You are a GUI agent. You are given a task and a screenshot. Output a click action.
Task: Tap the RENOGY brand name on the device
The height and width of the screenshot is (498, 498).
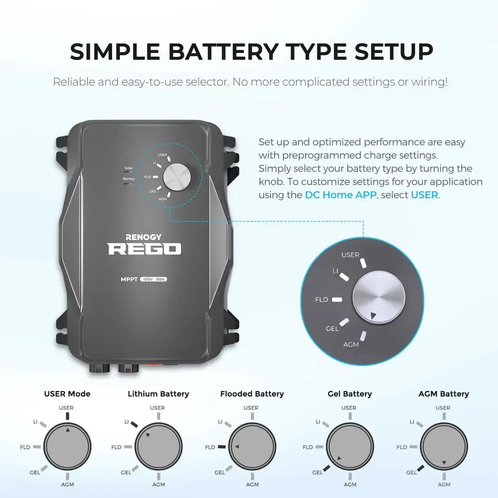(x=143, y=237)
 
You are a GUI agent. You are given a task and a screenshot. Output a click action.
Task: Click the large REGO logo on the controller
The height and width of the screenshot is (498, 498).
(x=144, y=249)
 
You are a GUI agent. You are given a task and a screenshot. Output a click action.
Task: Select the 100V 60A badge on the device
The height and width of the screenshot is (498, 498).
(x=154, y=279)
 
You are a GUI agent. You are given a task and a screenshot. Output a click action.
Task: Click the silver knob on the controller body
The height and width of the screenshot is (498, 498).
(x=177, y=177)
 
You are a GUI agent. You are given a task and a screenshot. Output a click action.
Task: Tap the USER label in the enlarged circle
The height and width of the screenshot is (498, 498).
(x=350, y=255)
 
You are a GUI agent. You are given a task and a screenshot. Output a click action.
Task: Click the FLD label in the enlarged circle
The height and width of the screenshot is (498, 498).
(x=322, y=300)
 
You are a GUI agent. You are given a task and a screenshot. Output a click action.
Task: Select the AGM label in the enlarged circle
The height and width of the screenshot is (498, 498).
(x=351, y=344)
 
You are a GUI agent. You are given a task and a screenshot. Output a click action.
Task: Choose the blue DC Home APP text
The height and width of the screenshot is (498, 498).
(x=340, y=195)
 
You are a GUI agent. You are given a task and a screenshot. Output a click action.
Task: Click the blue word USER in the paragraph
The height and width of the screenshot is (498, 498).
(x=424, y=195)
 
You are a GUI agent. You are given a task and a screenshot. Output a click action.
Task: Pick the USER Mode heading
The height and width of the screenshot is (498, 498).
(x=67, y=394)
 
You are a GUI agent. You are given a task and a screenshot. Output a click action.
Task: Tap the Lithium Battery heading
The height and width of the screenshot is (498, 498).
(x=158, y=394)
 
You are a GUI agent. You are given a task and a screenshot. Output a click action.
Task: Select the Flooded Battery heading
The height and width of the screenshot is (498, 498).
(x=252, y=394)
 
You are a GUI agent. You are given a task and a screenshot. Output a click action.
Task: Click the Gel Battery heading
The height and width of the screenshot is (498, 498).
(x=350, y=394)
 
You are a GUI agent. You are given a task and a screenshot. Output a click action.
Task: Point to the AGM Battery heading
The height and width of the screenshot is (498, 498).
(x=444, y=394)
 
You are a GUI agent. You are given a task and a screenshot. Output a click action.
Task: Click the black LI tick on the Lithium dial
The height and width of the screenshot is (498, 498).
(x=134, y=424)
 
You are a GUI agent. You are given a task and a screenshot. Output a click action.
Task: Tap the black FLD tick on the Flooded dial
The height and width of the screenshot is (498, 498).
(x=222, y=447)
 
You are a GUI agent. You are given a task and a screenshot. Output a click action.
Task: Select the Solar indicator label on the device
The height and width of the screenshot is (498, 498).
(x=128, y=168)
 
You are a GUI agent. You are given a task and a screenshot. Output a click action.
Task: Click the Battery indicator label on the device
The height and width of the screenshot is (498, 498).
(x=129, y=179)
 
